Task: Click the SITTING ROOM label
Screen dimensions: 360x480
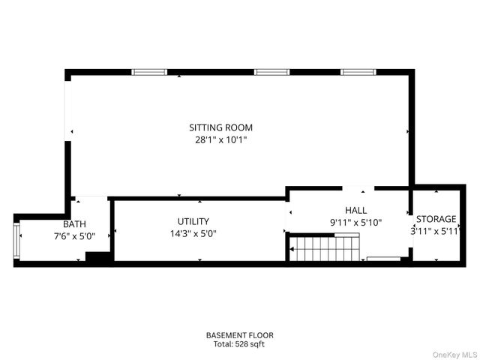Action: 220,127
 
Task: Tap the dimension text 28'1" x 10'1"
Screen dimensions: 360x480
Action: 220,139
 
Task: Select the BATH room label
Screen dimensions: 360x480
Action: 74,223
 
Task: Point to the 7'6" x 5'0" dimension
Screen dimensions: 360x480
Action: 74,235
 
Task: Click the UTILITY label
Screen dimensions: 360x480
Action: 193,221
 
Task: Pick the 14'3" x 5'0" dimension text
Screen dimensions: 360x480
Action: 193,233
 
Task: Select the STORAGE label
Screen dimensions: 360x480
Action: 436,219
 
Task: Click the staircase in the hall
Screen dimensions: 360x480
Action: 324,247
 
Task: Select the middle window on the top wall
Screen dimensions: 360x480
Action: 271,72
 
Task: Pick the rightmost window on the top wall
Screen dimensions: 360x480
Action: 358,72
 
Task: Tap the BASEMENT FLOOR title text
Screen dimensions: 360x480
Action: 240,334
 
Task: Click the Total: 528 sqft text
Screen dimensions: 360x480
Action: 240,344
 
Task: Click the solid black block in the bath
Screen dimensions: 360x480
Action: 97,257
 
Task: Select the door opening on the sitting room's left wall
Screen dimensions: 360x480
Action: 67,112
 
